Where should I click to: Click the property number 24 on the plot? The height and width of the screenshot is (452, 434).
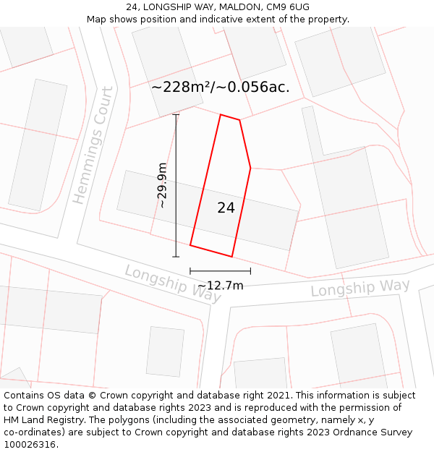(226, 208)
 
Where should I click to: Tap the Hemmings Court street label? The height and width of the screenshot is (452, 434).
(93, 145)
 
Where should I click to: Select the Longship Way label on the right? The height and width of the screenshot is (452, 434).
(360, 288)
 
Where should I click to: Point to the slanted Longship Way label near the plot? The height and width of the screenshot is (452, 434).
(172, 283)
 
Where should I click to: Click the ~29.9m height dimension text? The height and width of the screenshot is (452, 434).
(163, 186)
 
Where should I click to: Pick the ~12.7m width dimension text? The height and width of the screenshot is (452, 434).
(220, 286)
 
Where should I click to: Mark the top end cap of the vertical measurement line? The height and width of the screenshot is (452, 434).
(176, 114)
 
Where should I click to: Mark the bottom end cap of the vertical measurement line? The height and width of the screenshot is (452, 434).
(176, 257)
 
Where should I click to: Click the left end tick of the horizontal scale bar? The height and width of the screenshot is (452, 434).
(190, 271)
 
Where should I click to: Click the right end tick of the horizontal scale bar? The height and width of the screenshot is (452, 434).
(250, 271)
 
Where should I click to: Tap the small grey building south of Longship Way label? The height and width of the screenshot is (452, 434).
(165, 351)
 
